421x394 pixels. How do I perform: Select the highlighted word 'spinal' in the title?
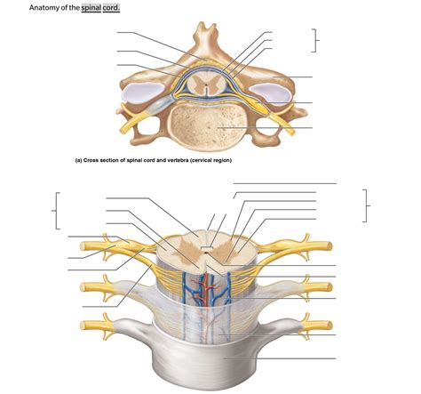[x=93, y=7]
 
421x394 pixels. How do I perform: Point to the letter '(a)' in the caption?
[x=80, y=160]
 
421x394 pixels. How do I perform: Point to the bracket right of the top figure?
[x=314, y=39]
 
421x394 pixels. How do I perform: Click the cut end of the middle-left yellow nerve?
[x=84, y=285]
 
